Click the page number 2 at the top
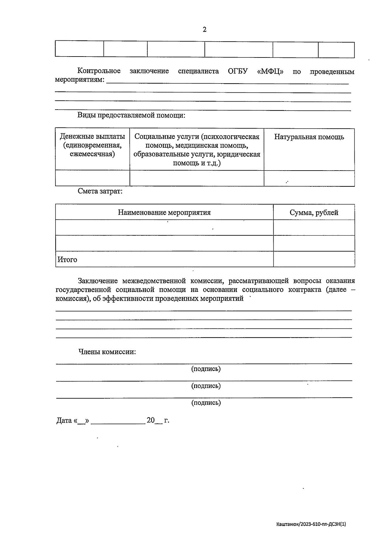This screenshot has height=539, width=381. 204,30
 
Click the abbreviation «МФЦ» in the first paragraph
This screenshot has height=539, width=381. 270,71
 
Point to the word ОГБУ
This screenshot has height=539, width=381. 237,71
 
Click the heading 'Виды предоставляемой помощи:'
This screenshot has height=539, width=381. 131,115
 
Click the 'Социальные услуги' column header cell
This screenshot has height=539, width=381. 197,150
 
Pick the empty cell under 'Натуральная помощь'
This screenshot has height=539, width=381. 309,178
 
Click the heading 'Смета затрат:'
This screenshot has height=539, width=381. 100,191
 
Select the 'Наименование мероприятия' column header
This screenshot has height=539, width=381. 164,212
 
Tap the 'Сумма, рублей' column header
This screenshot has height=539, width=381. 314,212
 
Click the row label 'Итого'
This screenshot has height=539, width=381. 67,259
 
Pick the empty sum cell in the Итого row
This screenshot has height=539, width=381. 314,259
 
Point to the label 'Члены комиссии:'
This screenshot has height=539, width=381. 107,352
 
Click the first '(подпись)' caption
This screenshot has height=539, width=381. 206,369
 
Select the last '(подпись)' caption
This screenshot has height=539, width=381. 206,403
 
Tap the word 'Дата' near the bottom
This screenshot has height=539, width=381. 64,421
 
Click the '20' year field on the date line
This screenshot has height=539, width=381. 150,420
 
